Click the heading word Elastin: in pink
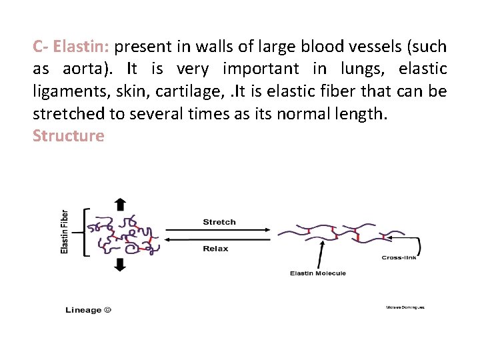coord(81,47)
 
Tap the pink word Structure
coord(69,136)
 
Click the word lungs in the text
coord(365,69)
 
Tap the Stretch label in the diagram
coord(219,222)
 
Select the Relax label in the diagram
coord(215,249)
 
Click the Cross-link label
coord(399,257)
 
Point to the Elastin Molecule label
coord(318,273)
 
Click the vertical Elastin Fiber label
coord(65,231)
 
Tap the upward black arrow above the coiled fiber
coord(120,203)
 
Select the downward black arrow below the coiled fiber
coord(120,264)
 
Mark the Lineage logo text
coord(88,310)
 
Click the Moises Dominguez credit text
coord(405,307)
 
